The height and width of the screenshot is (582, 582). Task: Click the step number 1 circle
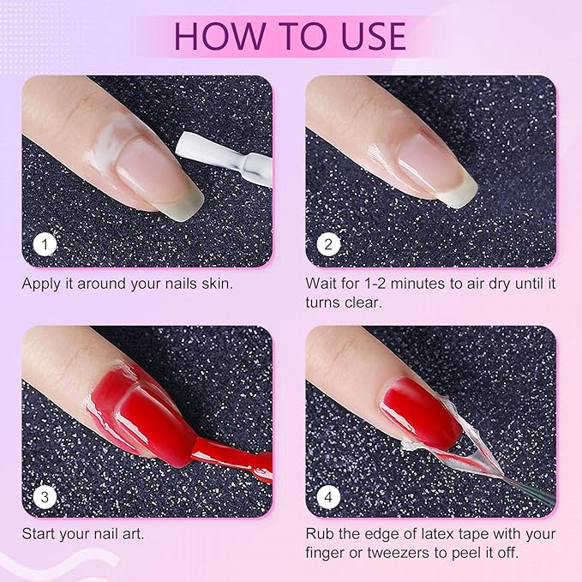pos(45,245)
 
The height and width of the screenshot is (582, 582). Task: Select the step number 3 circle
pos(45,496)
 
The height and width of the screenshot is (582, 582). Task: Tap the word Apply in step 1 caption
pos(41,283)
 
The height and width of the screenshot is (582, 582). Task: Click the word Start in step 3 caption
pos(39,534)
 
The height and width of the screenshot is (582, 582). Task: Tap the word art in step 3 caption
pos(133,534)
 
